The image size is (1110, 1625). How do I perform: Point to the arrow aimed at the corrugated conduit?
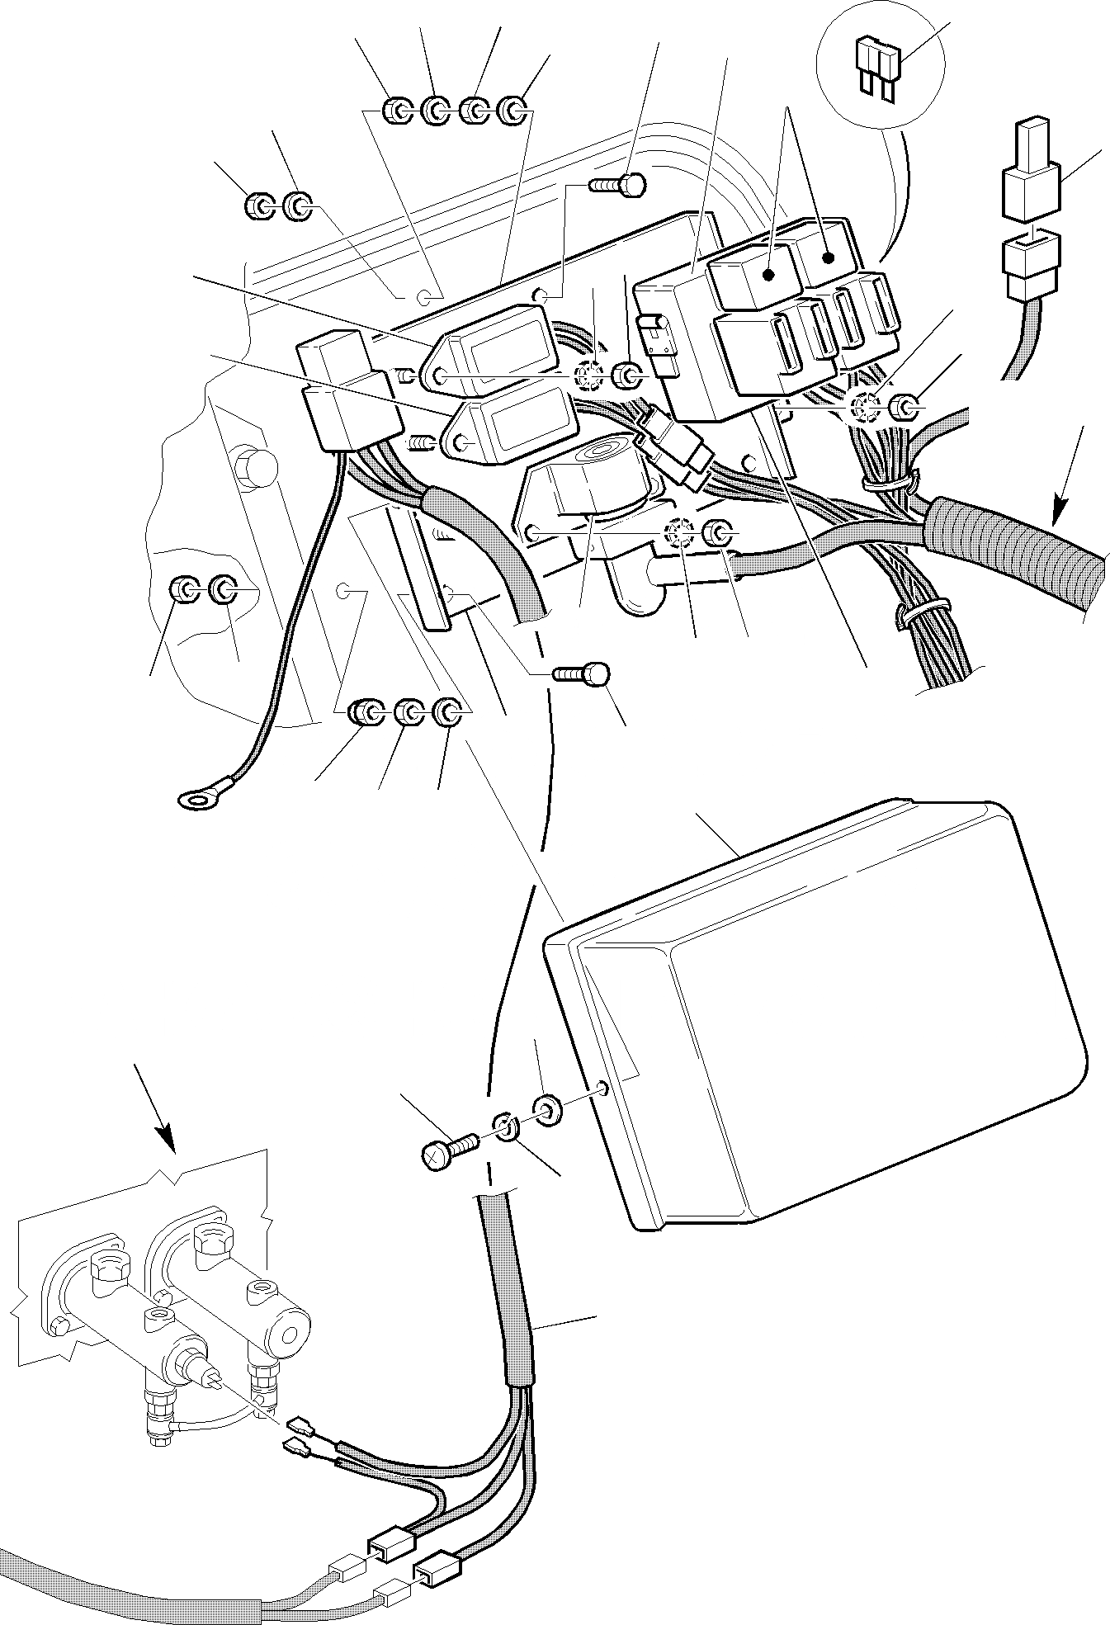[x=1070, y=475]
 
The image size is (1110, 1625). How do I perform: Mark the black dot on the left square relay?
[x=768, y=275]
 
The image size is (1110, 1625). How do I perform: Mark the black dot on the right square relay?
[x=828, y=257]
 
